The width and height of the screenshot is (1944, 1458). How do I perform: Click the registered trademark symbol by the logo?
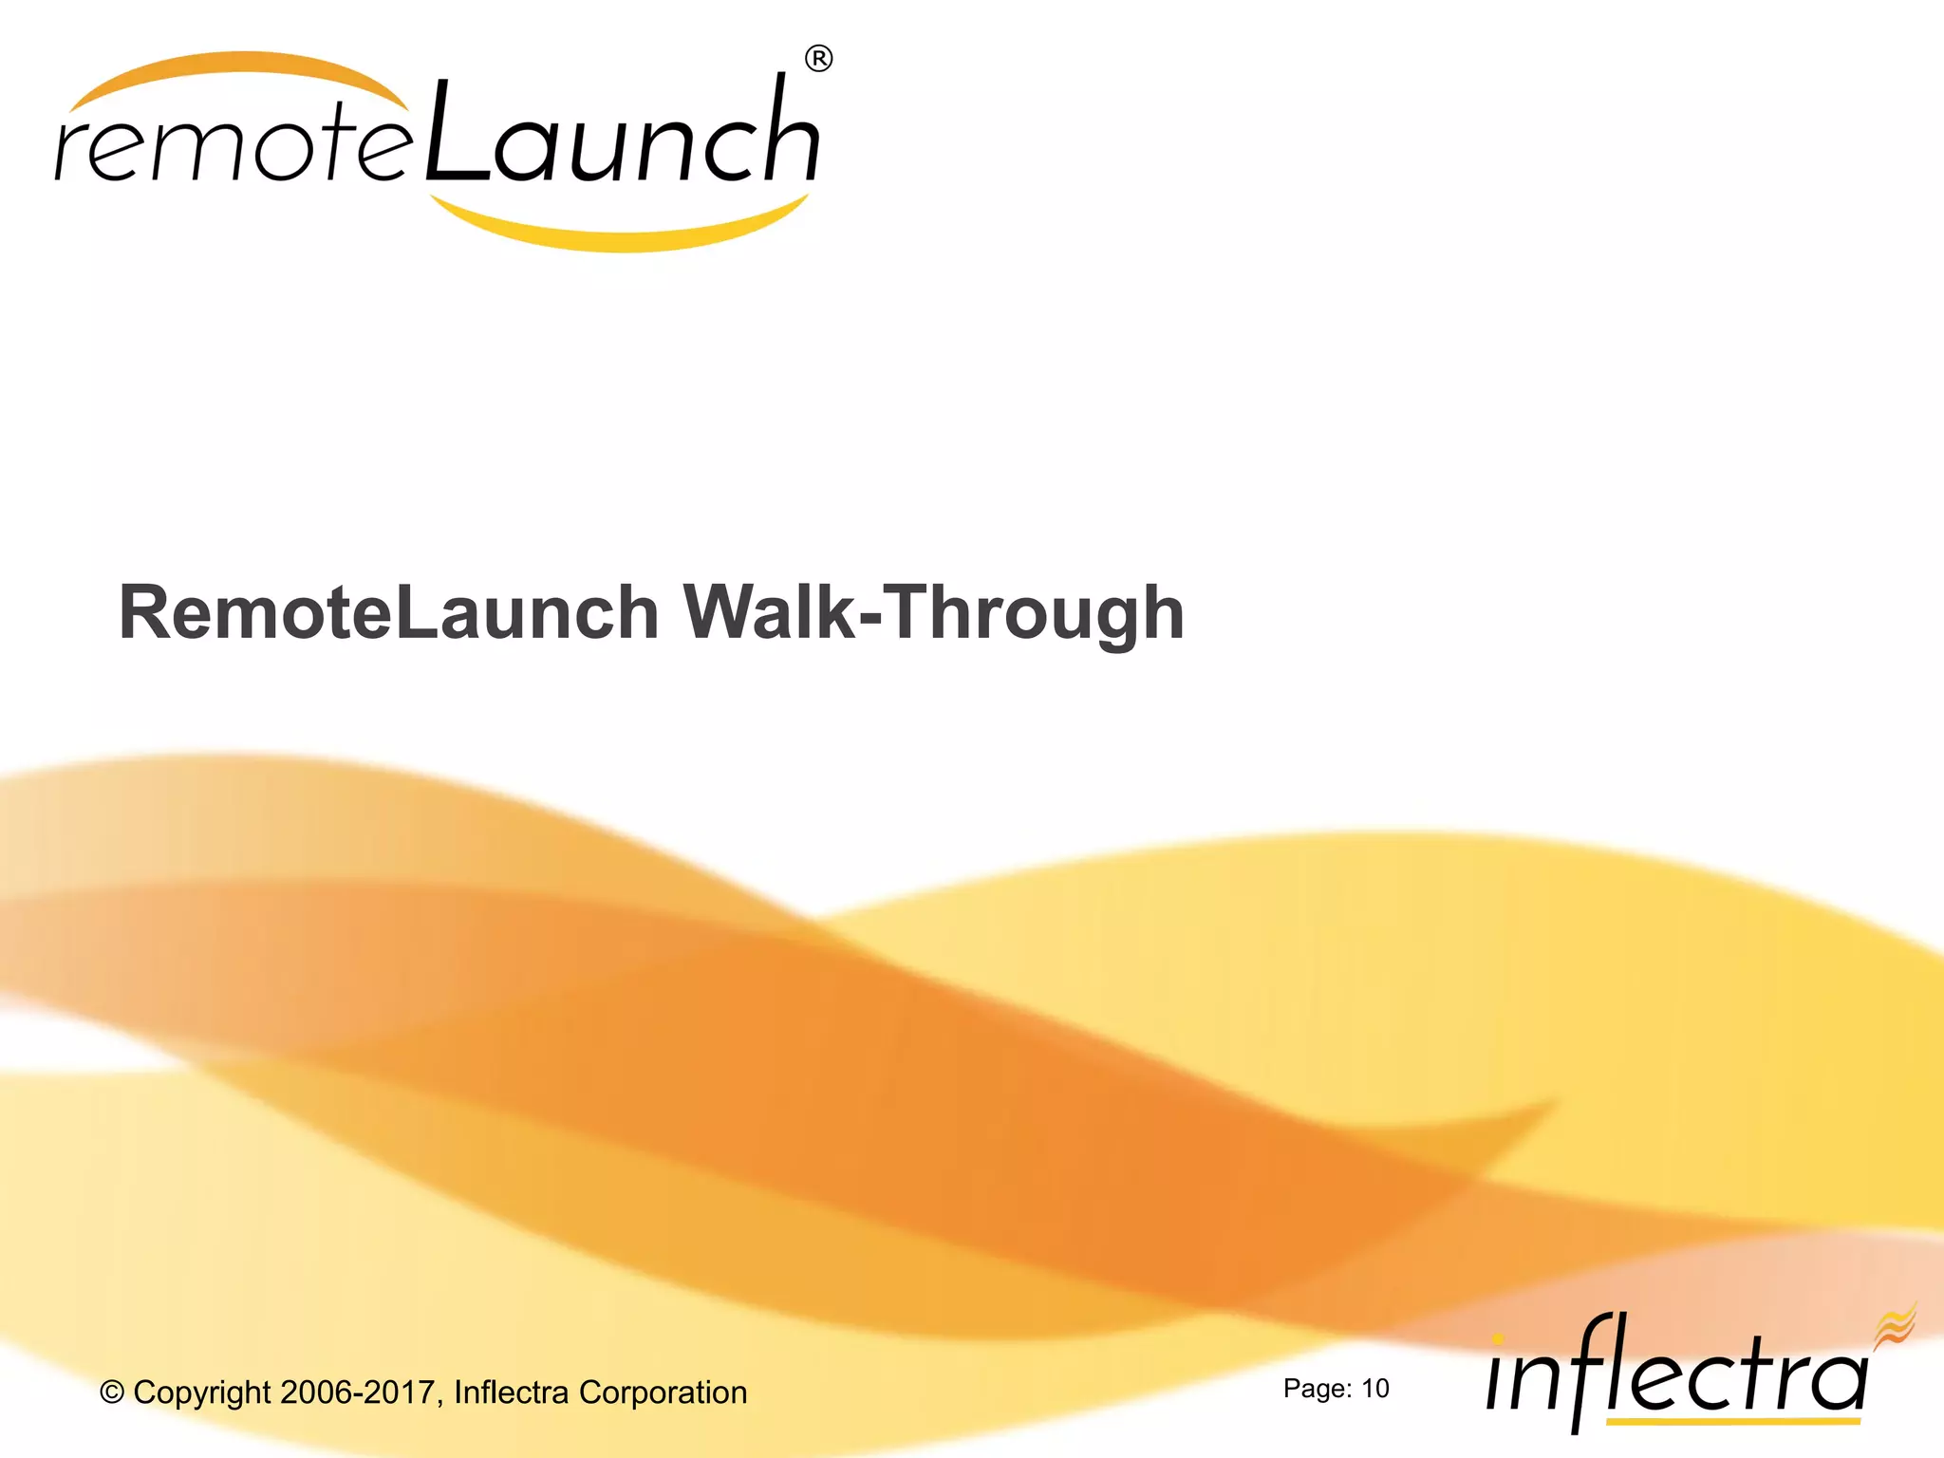click(818, 59)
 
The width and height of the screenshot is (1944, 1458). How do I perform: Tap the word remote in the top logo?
click(233, 147)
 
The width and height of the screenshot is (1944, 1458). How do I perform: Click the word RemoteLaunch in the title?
click(388, 612)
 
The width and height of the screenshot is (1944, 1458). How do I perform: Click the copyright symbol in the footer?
click(112, 1393)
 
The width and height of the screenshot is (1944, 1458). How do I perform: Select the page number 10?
click(1375, 1389)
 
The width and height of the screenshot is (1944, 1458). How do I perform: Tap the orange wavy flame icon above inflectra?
click(1895, 1324)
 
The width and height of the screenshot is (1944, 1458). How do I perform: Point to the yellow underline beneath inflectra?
click(1732, 1422)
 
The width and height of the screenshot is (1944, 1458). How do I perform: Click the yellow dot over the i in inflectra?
click(1498, 1339)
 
